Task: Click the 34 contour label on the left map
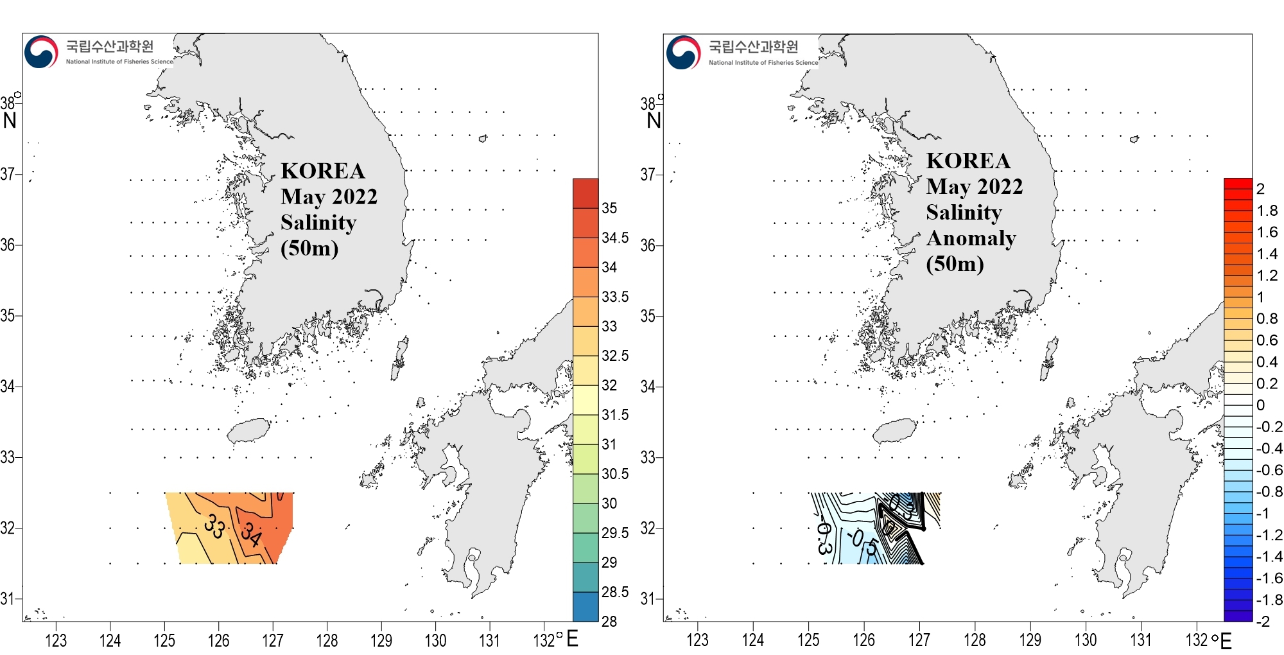(x=251, y=534)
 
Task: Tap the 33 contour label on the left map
(x=214, y=527)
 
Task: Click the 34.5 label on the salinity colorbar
(x=615, y=238)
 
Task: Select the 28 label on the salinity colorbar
(x=609, y=621)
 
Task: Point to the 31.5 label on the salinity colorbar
(x=615, y=415)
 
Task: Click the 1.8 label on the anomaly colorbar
(x=1267, y=211)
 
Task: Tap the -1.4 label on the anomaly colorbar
(x=1269, y=556)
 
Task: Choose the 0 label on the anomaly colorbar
(x=1261, y=405)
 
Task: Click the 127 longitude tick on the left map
(x=273, y=640)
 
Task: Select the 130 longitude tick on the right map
(x=1086, y=640)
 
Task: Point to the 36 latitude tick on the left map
(x=8, y=245)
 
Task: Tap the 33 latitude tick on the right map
(x=648, y=457)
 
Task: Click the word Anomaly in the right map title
(x=971, y=238)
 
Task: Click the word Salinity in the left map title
(x=318, y=222)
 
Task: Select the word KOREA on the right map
(x=968, y=161)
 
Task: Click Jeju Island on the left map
(x=249, y=430)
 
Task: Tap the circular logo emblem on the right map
(x=683, y=53)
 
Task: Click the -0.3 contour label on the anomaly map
(x=823, y=537)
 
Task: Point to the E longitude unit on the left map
(x=572, y=638)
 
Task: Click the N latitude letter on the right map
(x=654, y=120)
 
